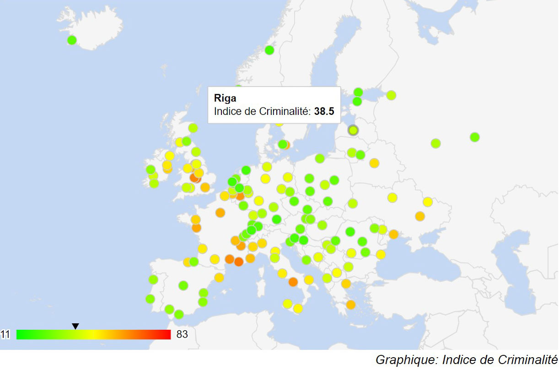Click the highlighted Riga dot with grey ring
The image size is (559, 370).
[353, 130]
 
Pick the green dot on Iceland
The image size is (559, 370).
[72, 40]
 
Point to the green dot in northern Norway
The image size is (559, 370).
[269, 50]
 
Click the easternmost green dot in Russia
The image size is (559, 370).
[474, 137]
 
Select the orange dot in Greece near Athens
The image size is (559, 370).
[351, 305]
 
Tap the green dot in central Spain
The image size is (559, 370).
[183, 286]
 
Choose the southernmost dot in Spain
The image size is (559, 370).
[179, 315]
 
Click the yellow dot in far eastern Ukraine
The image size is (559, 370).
[427, 202]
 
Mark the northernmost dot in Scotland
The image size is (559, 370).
[193, 128]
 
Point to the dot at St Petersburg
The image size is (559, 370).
[391, 95]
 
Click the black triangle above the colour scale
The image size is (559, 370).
[75, 326]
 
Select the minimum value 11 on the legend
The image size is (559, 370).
[5, 335]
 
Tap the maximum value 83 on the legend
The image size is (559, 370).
[182, 335]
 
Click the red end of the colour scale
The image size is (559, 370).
[167, 335]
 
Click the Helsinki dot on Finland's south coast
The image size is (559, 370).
[358, 92]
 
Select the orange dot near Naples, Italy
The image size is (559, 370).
[293, 282]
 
